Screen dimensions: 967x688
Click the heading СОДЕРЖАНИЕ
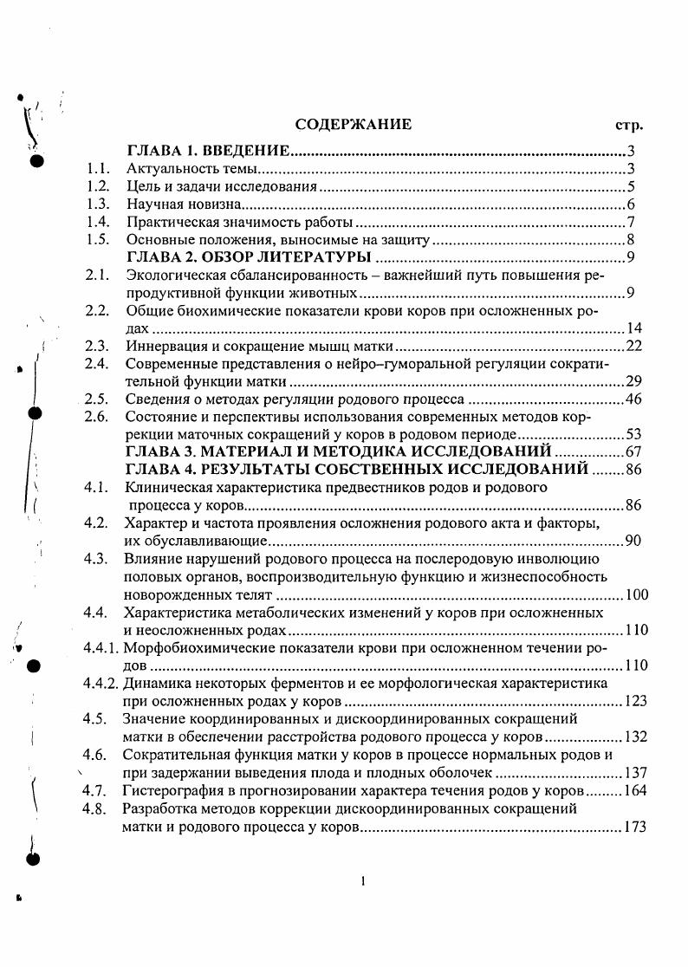coord(354,125)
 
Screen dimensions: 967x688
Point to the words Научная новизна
coord(182,204)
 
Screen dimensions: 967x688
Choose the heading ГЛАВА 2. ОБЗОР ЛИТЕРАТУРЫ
coord(250,257)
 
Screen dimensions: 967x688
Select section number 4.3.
coord(95,558)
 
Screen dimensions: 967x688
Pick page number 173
coord(628,827)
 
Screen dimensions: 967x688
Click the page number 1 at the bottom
coord(363,882)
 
